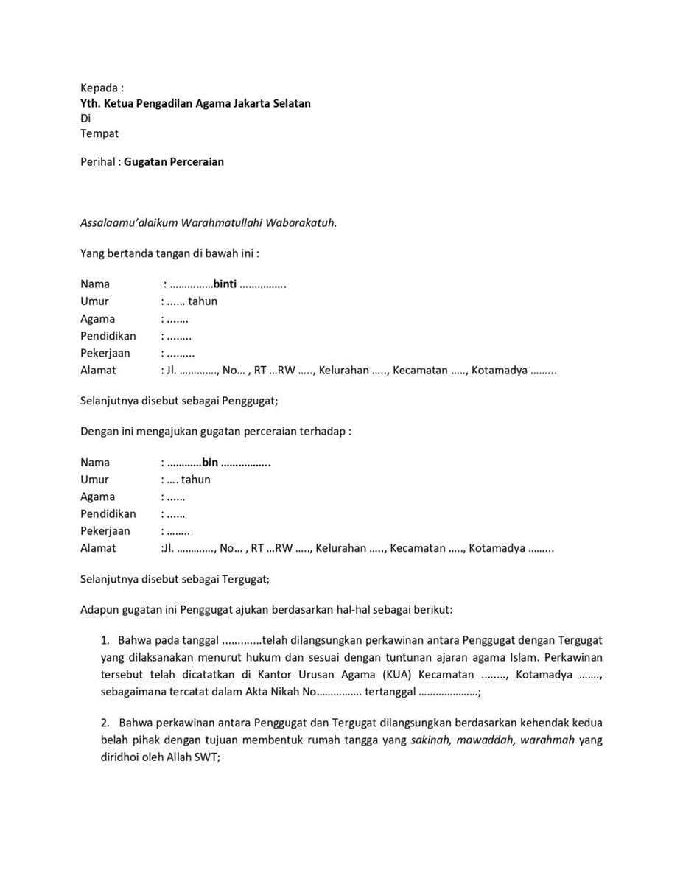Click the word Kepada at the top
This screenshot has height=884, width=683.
98,88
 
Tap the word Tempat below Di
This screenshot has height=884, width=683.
99,133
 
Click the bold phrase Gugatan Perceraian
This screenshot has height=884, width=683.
174,161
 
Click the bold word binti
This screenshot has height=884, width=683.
225,284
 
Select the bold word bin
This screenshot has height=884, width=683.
210,463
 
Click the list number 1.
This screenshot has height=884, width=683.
105,641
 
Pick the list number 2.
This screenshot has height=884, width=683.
105,723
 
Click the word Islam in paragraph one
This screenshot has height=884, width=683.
515,658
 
